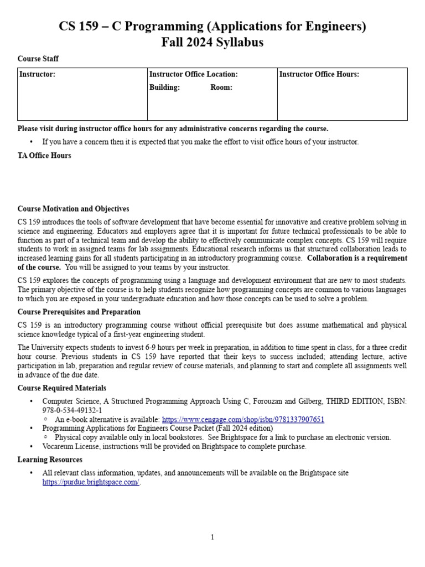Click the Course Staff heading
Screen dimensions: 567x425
(38, 59)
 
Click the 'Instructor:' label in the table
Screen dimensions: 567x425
(37, 74)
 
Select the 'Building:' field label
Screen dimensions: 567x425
(164, 87)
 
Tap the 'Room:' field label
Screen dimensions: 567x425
(221, 87)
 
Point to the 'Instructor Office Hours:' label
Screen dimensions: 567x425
(319, 74)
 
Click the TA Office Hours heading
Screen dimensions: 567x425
(44, 156)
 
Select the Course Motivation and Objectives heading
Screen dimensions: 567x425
(73, 209)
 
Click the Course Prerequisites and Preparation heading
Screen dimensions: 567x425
(79, 312)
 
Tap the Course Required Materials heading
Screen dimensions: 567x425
(62, 388)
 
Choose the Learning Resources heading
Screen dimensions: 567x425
(50, 460)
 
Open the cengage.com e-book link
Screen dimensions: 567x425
(243, 420)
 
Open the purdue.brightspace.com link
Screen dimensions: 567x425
(91, 482)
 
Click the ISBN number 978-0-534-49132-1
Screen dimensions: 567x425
(72, 410)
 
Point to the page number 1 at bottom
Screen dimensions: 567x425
(212, 537)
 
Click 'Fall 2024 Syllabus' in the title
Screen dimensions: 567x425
(212, 42)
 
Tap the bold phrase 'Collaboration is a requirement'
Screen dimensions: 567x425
(357, 258)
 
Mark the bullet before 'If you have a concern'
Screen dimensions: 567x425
(31, 142)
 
